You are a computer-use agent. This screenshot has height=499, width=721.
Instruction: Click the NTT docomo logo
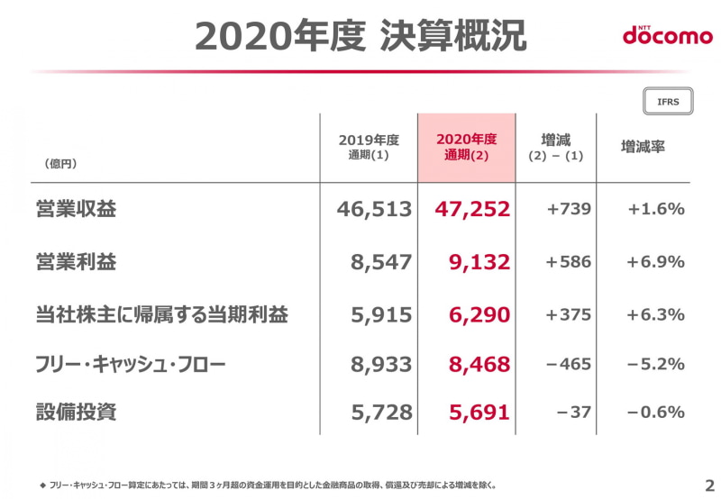point(667,35)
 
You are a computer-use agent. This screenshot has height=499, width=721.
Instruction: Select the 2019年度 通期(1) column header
point(369,147)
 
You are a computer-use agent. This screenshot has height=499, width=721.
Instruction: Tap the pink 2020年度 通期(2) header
point(466,147)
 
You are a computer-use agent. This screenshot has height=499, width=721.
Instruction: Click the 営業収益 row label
point(76,209)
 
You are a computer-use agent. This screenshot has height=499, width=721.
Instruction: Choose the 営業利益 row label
point(76,262)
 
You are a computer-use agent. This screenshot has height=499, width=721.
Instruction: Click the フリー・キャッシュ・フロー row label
point(130,364)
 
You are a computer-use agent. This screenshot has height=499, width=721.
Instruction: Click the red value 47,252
point(472,209)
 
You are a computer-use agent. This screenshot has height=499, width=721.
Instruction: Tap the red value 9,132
point(479,262)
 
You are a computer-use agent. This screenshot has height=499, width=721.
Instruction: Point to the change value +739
point(569,209)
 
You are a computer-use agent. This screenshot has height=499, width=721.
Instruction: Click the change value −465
point(569,364)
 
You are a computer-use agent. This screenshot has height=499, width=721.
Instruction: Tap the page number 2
point(708,484)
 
